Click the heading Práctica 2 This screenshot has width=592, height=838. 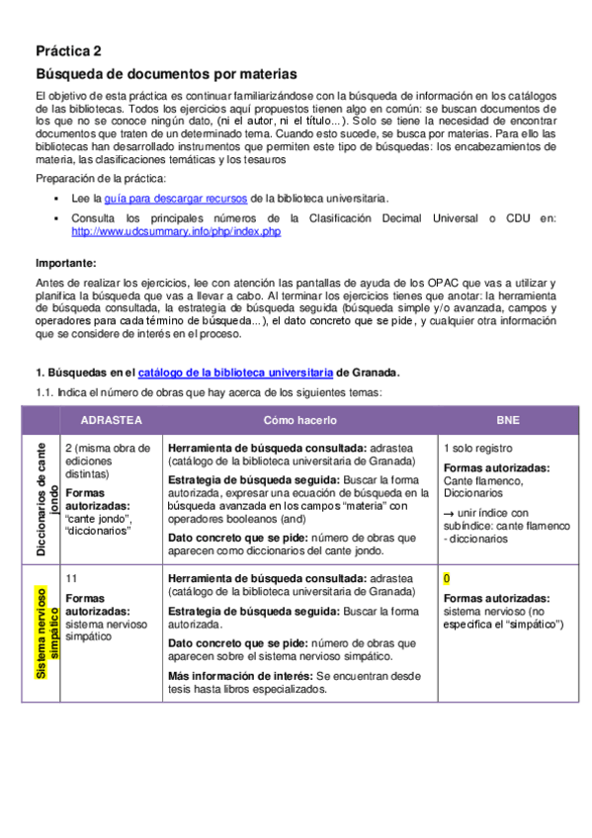[68, 51]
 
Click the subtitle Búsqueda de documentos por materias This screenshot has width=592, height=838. [166, 74]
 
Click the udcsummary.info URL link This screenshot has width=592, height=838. [176, 231]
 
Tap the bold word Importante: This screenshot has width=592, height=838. [66, 263]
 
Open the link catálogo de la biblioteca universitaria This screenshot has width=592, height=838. [235, 373]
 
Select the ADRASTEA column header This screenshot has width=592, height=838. [111, 420]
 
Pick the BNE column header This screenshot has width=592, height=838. [508, 420]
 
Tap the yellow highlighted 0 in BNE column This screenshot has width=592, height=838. [447, 578]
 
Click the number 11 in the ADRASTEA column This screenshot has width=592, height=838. [70, 578]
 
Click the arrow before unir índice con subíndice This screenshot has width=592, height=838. [449, 513]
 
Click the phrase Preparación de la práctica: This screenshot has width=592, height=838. [101, 178]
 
